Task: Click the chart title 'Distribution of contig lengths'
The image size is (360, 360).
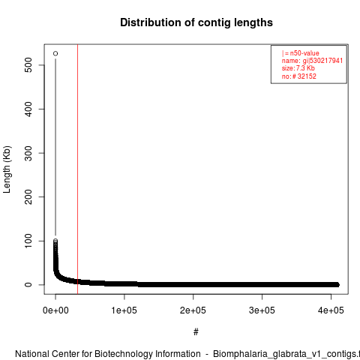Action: (x=196, y=22)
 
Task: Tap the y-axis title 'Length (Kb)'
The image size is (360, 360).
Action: (x=7, y=169)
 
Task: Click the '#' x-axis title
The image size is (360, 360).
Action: (x=196, y=332)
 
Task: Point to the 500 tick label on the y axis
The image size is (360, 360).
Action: (x=28, y=65)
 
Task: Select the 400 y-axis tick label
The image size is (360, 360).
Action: (x=28, y=109)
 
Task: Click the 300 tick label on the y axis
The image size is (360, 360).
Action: (x=28, y=153)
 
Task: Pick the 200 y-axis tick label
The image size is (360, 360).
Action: (x=28, y=196)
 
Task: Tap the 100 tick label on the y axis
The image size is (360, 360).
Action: (x=28, y=241)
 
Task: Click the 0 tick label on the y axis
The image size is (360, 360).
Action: (x=28, y=285)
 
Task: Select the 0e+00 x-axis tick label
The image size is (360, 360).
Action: (x=55, y=310)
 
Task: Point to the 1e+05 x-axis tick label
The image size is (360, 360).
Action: (x=124, y=310)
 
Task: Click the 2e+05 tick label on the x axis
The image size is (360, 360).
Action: (x=193, y=310)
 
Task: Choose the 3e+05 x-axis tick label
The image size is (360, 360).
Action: (x=262, y=310)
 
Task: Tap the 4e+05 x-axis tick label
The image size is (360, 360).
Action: (x=331, y=310)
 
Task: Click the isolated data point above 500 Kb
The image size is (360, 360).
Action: (x=55, y=53)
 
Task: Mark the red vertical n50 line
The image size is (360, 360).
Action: (x=78, y=169)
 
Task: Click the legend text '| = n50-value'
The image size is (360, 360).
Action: (x=301, y=53)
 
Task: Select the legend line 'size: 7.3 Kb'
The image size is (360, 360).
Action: (x=298, y=68)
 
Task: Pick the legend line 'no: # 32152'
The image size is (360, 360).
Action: (x=299, y=76)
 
